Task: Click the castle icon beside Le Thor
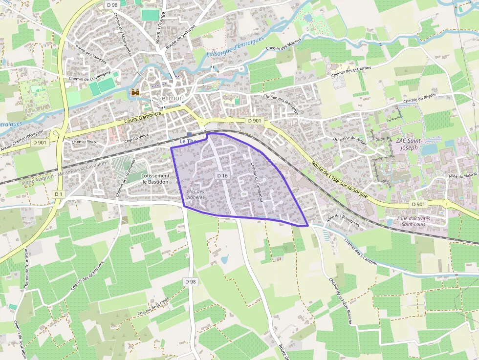pos(135,92)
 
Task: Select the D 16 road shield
pos(222,175)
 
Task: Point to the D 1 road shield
pos(58,194)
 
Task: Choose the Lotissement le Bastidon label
pos(155,178)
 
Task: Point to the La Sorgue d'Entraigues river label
pos(235,47)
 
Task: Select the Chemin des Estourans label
pos(351,71)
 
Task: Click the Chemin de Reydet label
pos(419,99)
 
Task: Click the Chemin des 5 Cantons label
pos(360,251)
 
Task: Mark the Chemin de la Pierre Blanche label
pos(340,301)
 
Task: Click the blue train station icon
pos(189,134)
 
